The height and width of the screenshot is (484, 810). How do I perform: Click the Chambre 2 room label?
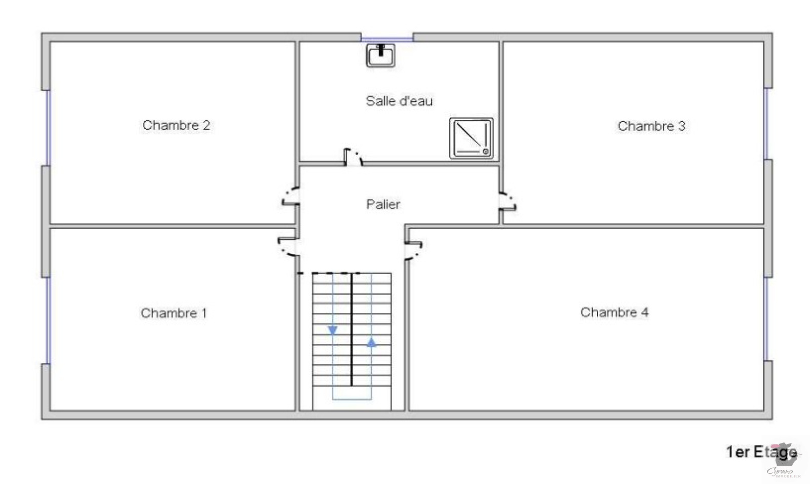176,125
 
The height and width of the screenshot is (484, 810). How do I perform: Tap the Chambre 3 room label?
651,126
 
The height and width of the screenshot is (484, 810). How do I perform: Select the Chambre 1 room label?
174,313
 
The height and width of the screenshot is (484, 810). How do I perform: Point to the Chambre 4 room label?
614,312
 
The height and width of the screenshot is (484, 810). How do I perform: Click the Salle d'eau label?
399,101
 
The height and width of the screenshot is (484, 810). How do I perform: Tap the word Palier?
383,204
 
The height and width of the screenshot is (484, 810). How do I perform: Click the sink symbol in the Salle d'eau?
381,55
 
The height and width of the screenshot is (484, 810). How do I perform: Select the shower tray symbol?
471,138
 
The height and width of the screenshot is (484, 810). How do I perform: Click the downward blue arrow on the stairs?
333,330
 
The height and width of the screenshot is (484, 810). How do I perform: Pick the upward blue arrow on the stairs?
372,343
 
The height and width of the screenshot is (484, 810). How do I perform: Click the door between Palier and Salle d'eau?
353,158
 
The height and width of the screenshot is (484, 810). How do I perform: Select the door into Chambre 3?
507,201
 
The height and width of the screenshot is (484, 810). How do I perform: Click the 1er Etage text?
761,452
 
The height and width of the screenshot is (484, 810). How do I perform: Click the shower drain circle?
485,151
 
